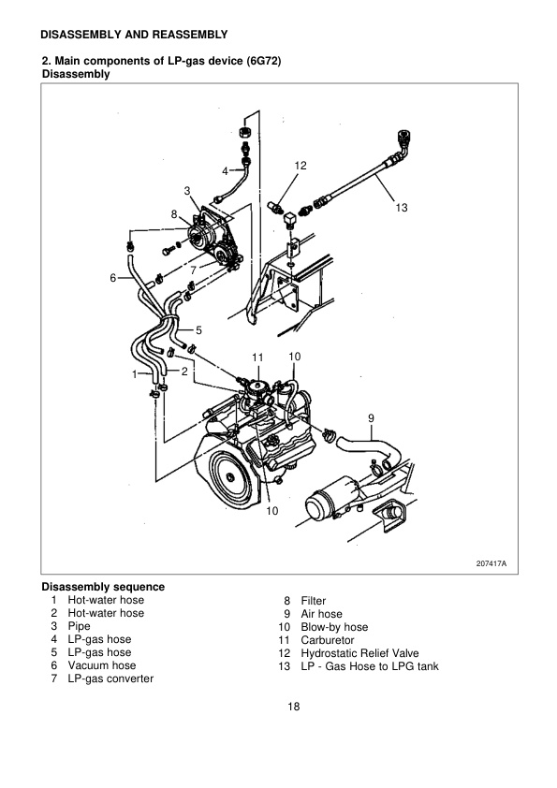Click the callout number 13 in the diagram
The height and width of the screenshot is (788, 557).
pos(403,208)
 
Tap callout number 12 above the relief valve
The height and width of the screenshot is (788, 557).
pos(300,166)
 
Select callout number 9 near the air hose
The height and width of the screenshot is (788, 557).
pos(371,416)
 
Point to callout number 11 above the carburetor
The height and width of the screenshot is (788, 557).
pos(258,358)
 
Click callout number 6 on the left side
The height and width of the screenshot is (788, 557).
pos(112,278)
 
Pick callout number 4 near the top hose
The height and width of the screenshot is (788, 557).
pos(225,171)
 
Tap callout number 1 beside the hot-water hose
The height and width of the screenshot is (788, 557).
pos(135,373)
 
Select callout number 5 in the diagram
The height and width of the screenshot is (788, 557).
pos(198,329)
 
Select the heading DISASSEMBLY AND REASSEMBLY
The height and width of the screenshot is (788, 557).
pos(135,35)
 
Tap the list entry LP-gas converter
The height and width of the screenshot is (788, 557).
pos(109,679)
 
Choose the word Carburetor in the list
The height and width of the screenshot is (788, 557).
pos(327,640)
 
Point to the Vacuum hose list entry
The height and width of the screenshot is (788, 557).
pos(100,665)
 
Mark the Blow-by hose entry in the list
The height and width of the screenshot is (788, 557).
pos(334,627)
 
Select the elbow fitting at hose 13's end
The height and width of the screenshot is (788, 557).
pos(403,143)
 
